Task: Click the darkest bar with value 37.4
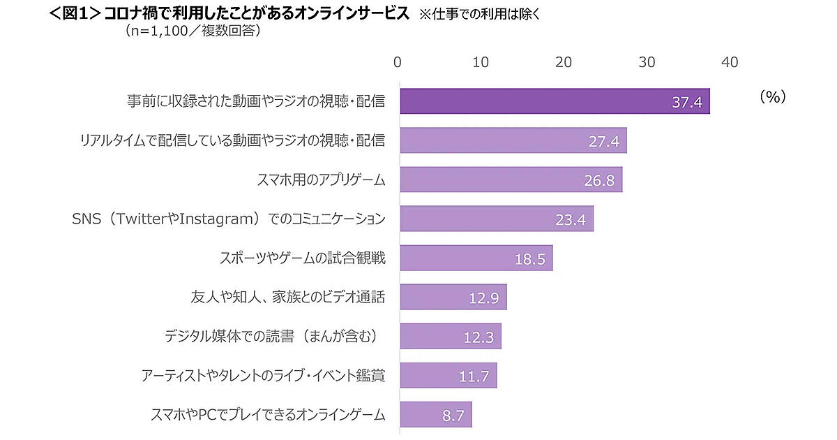(x=555, y=101)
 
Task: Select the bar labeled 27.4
(x=513, y=140)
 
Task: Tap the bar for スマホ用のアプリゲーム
(x=511, y=179)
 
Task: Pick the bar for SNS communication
(x=496, y=219)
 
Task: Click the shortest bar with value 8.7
(x=435, y=414)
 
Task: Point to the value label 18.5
(x=529, y=259)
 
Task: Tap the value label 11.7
(x=474, y=376)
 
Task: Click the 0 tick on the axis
(x=398, y=62)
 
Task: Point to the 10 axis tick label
(x=480, y=62)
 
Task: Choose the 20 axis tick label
(x=564, y=62)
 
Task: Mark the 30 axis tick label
(x=647, y=62)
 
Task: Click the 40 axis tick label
(x=730, y=62)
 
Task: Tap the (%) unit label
(x=772, y=97)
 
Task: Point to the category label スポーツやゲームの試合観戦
(x=303, y=258)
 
